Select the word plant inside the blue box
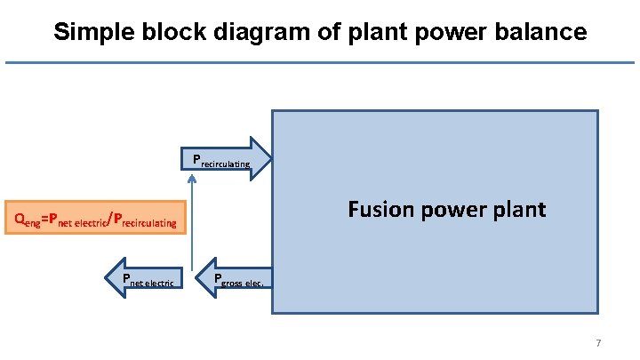point(518,210)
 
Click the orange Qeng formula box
point(96,216)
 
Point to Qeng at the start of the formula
point(26,218)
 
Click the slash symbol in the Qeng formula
point(108,217)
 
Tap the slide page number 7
point(598,343)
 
